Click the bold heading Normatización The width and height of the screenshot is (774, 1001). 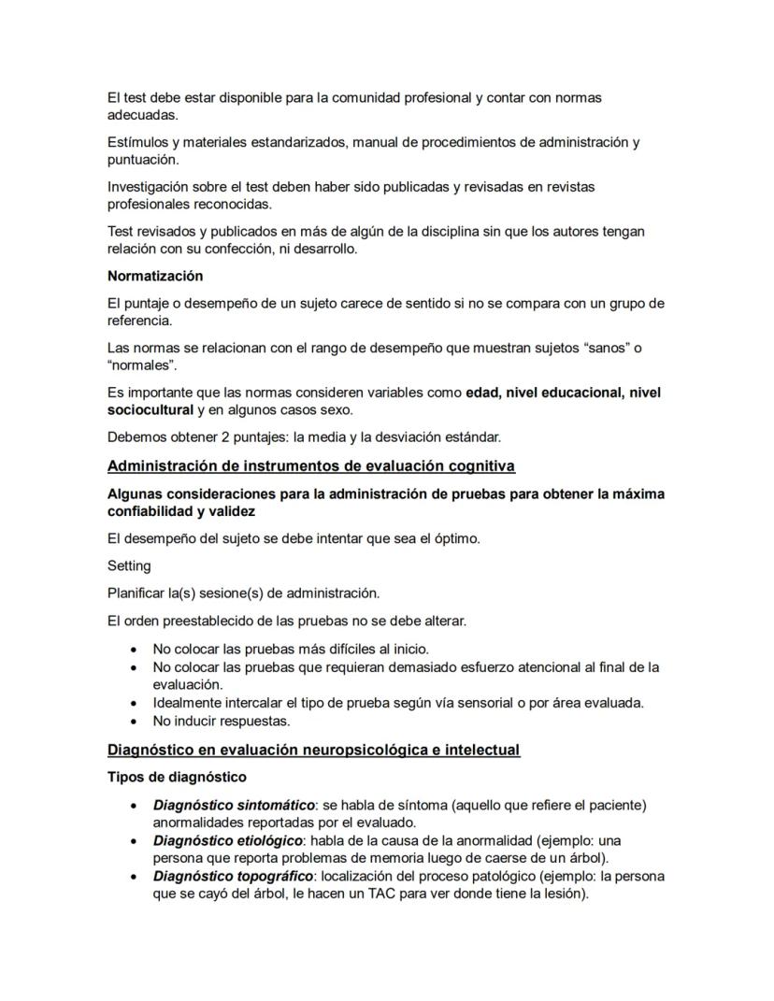click(x=154, y=276)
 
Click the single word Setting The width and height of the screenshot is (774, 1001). click(x=128, y=565)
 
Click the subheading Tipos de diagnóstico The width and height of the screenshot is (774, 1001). click(x=177, y=777)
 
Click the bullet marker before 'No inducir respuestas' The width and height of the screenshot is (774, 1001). click(x=136, y=722)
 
